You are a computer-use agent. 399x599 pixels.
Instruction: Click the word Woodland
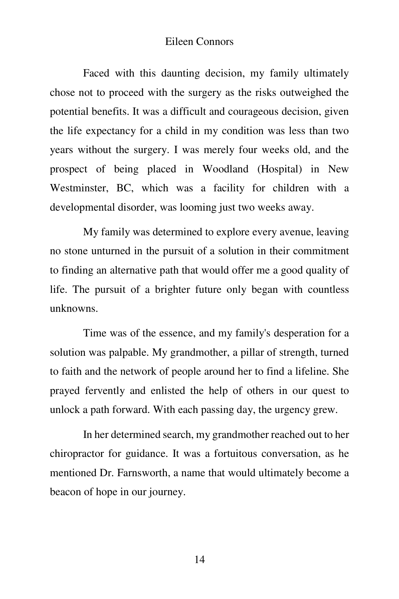(x=225, y=169)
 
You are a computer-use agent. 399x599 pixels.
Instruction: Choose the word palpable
(x=129, y=352)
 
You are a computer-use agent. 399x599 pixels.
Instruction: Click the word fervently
(x=104, y=391)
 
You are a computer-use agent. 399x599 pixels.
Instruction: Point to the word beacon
(x=65, y=492)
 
